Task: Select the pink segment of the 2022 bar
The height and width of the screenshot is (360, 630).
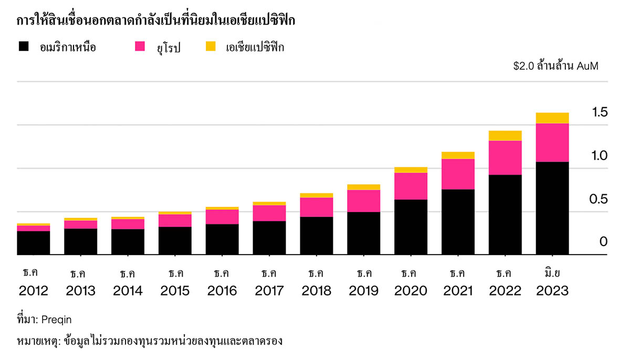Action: pyautogui.click(x=505, y=157)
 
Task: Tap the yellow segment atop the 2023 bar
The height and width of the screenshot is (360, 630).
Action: pyautogui.click(x=552, y=118)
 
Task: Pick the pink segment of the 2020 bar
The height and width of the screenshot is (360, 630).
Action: pyautogui.click(x=411, y=186)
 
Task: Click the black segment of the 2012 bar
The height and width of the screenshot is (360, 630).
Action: pyautogui.click(x=33, y=242)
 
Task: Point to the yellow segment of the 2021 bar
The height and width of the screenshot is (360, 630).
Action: pyautogui.click(x=458, y=155)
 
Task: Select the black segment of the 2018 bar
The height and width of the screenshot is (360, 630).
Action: pyautogui.click(x=316, y=236)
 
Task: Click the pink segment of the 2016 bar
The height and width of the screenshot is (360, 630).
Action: pyautogui.click(x=222, y=217)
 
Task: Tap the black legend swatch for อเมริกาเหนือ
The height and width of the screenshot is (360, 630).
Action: pyautogui.click(x=24, y=47)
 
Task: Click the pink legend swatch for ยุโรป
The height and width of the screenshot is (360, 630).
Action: pyautogui.click(x=140, y=47)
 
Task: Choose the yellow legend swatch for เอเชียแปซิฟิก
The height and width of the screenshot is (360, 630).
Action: pyautogui.click(x=210, y=47)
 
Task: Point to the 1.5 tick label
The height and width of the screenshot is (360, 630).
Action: pyautogui.click(x=600, y=112)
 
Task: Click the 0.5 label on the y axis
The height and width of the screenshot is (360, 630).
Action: pyautogui.click(x=600, y=199)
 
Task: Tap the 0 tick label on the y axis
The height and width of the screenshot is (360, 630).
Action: pyautogui.click(x=603, y=242)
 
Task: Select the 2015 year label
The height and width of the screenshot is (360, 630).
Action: pyautogui.click(x=175, y=291)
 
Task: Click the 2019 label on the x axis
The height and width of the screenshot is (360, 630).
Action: pyautogui.click(x=364, y=291)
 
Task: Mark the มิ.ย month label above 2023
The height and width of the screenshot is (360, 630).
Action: pyautogui.click(x=552, y=273)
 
